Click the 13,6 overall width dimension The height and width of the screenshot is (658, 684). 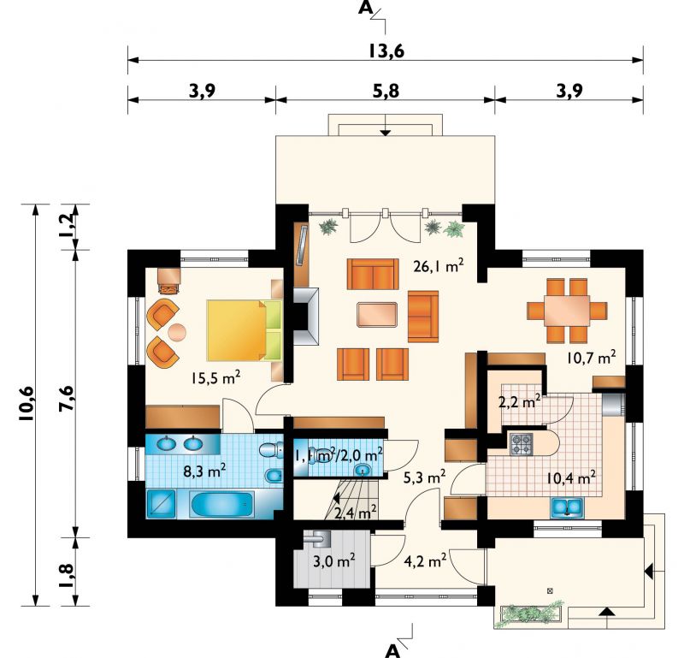point(386,50)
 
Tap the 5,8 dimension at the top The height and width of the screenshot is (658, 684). point(386,91)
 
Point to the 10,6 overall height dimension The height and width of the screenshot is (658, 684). point(26,404)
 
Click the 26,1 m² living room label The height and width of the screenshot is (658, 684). point(438,265)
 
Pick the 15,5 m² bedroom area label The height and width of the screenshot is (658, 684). point(215,376)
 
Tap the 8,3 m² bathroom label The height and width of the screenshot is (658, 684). point(205,471)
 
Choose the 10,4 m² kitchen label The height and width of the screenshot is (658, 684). point(571,478)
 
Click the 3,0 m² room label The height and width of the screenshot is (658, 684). point(333,560)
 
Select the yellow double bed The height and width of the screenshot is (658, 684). point(244,330)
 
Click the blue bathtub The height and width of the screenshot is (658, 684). point(222,504)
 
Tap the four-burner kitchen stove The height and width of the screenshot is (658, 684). point(522,443)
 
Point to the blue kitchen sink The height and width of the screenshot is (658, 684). point(567,507)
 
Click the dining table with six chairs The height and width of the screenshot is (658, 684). point(567,311)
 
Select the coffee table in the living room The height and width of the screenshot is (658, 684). point(377,314)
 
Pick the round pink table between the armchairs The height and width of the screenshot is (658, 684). point(177,332)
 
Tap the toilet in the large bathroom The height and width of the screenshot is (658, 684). point(270,450)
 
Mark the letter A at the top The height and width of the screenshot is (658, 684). point(365,8)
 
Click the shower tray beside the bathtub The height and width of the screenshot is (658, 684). point(161,504)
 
